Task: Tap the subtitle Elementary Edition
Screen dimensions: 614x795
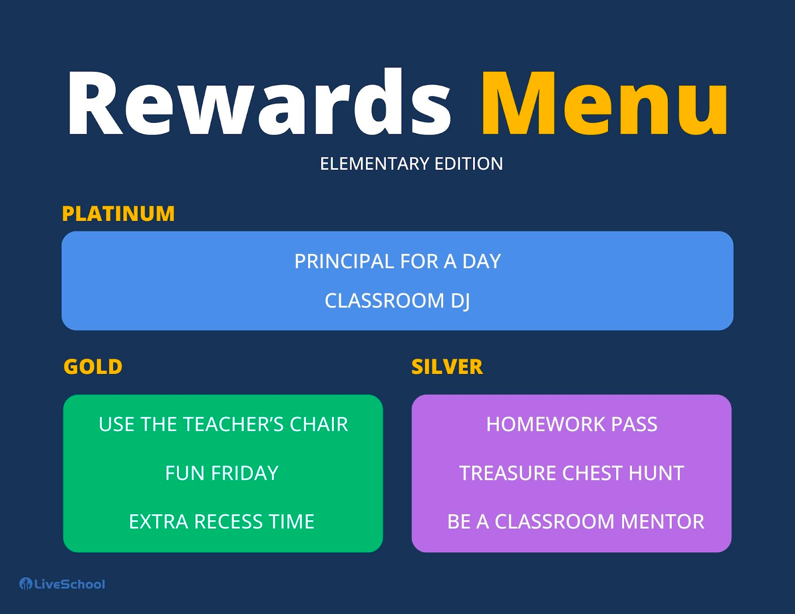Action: tap(411, 163)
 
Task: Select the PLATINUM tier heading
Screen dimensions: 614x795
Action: tap(118, 214)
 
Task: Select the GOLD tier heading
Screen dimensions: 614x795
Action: tap(93, 367)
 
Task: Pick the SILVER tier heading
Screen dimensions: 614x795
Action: tap(447, 367)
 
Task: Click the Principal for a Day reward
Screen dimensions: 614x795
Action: tap(397, 261)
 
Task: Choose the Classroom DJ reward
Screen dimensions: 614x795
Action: tap(397, 301)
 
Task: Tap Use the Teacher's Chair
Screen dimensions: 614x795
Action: tap(223, 424)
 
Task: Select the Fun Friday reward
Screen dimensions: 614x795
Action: tap(222, 473)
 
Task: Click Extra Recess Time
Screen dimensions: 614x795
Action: tap(222, 522)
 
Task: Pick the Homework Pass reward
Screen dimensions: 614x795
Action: tap(571, 424)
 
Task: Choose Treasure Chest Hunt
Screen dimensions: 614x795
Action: tap(571, 473)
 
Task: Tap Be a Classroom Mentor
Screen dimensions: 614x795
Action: tap(575, 522)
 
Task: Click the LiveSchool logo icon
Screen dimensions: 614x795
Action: tap(25, 584)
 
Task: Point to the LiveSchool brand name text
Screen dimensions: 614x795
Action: tap(70, 584)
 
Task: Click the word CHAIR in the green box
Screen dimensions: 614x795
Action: tap(318, 424)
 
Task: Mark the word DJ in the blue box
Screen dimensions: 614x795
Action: tap(460, 301)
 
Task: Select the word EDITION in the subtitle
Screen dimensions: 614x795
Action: tap(469, 163)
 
